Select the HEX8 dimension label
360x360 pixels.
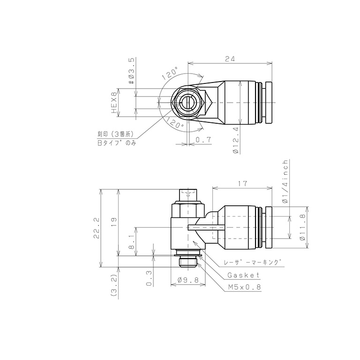[x=113, y=103]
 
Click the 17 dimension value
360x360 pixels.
[x=242, y=185]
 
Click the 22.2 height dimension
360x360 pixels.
[x=96, y=228]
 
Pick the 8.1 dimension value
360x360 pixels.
[x=132, y=242]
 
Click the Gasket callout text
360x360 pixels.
[x=243, y=275]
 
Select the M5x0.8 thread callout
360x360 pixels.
[x=243, y=287]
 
